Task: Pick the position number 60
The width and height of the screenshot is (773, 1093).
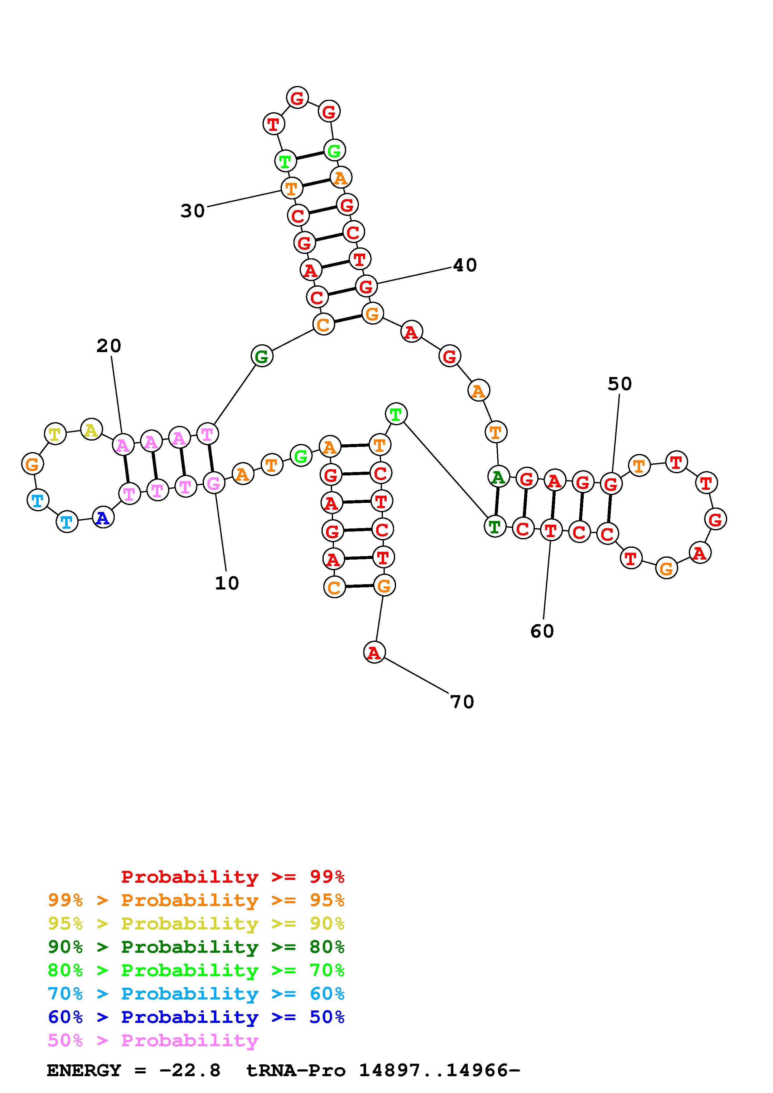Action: pos(542,632)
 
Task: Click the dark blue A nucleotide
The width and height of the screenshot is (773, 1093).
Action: pos(103,518)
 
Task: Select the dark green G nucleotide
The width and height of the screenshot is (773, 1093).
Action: pos(262,356)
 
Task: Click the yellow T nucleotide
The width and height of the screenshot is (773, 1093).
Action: pos(55,434)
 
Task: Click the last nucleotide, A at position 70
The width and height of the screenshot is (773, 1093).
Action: pos(374,653)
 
